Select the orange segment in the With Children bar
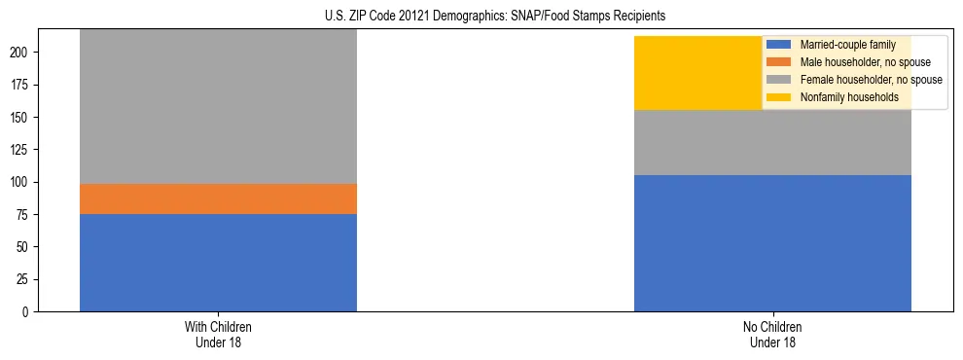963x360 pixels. click(x=218, y=198)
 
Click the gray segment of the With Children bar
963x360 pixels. click(x=218, y=107)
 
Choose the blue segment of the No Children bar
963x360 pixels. click(x=772, y=243)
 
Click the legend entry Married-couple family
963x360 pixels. click(x=847, y=45)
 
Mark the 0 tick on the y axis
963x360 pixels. click(x=27, y=312)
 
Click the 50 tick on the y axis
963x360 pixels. click(x=24, y=247)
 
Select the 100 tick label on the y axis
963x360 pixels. click(x=21, y=182)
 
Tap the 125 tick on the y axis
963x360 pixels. click(x=21, y=150)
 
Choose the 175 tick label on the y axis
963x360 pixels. click(x=21, y=85)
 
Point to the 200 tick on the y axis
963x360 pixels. click(x=21, y=53)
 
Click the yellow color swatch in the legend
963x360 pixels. click(x=779, y=97)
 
